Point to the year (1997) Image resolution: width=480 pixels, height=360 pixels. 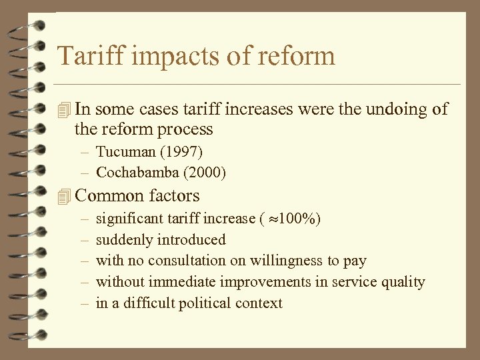pos(182,151)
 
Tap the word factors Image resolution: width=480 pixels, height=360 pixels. pos(175,196)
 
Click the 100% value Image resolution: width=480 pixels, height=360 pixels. pos(301,219)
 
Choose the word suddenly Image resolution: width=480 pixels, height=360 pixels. pos(124,240)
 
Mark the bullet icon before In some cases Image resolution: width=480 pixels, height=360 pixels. pos(64,109)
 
